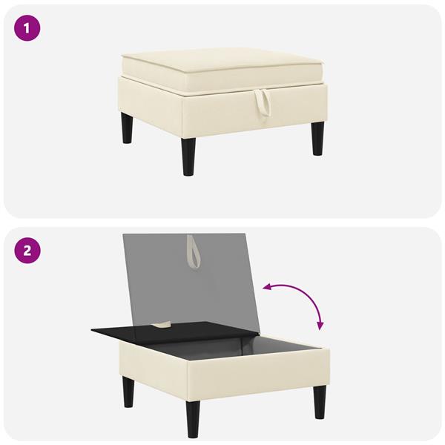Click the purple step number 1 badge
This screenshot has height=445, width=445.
tap(27, 28)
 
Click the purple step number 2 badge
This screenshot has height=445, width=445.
tap(27, 251)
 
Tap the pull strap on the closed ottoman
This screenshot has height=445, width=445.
tap(261, 105)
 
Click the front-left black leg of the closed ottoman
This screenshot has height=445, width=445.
tap(189, 156)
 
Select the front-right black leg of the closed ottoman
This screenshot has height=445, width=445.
tap(318, 139)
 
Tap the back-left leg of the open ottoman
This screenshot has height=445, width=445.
tap(128, 392)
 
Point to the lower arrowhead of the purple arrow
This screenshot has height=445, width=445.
tap(320, 326)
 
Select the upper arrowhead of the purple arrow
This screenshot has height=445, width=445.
tap(267, 288)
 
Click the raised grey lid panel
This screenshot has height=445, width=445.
tap(192, 281)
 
